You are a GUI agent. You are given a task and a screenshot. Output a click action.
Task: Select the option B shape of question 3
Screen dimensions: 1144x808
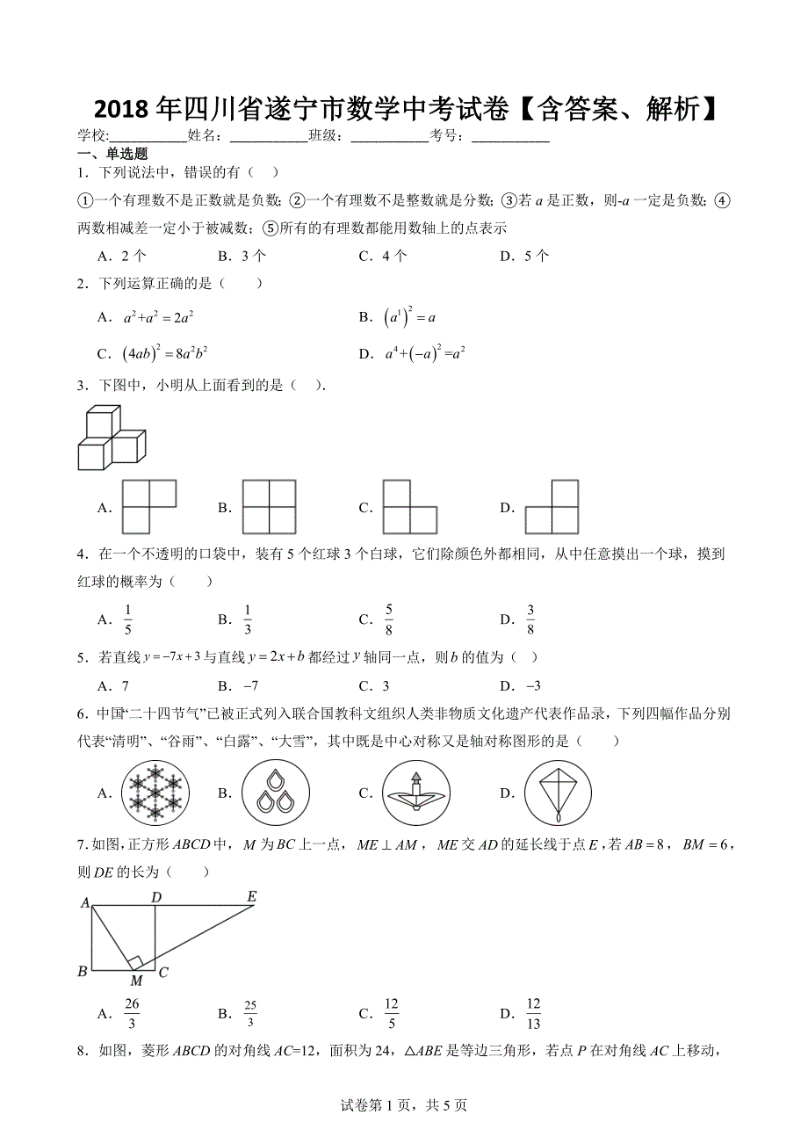point(268,507)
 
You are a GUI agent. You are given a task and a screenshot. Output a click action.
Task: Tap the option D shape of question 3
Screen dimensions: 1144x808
point(552,507)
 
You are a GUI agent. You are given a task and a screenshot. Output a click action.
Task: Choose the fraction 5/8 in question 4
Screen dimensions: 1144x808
point(388,619)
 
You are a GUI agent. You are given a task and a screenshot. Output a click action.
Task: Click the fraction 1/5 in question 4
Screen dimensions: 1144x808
point(127,619)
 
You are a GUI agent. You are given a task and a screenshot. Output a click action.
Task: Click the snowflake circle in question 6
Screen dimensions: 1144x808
point(155,793)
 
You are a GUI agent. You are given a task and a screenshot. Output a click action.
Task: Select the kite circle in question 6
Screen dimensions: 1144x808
point(558,793)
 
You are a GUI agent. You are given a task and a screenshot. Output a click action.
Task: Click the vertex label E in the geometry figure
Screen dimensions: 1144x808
point(251,897)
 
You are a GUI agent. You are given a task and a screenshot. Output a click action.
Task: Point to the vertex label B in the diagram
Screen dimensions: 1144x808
point(83,971)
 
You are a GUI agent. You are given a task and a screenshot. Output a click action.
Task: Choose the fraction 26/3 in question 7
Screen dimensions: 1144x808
point(132,1014)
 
